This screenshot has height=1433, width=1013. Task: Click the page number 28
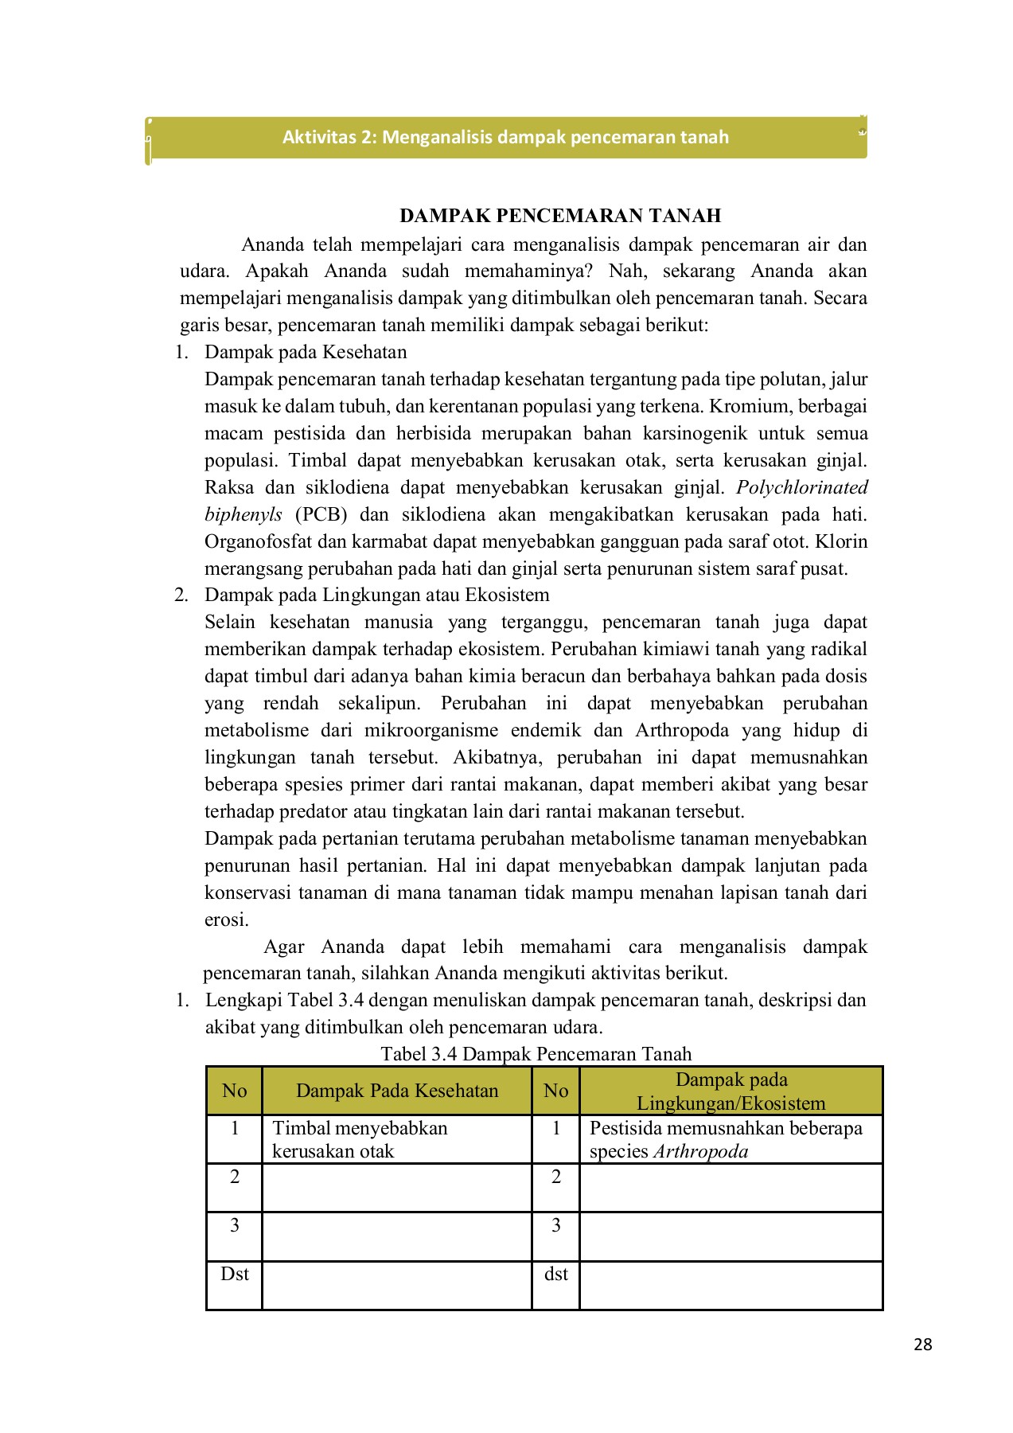[x=922, y=1345]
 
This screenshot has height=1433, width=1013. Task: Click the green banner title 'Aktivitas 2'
[x=505, y=137]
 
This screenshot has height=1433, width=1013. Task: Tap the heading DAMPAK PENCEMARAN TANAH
[x=559, y=216]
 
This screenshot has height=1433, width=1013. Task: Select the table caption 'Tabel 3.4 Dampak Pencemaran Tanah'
[x=536, y=1054]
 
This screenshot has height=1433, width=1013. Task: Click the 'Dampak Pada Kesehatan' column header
[x=396, y=1091]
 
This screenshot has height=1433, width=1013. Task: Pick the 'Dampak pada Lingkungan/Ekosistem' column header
[x=731, y=1091]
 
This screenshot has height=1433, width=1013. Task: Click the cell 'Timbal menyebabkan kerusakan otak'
[x=360, y=1139]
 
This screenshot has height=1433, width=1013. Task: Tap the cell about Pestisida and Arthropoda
[x=725, y=1139]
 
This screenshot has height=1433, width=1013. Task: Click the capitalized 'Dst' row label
[x=234, y=1274]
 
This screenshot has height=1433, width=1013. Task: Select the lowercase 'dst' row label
[x=555, y=1274]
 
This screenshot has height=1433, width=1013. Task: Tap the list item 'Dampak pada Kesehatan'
[x=306, y=352]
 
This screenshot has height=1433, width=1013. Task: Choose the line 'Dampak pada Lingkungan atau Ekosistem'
[x=376, y=595]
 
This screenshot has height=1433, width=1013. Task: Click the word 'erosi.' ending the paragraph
[x=227, y=920]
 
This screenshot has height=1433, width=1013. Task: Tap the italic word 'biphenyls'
[x=243, y=514]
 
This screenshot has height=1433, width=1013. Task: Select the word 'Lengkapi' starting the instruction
[x=244, y=1000]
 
